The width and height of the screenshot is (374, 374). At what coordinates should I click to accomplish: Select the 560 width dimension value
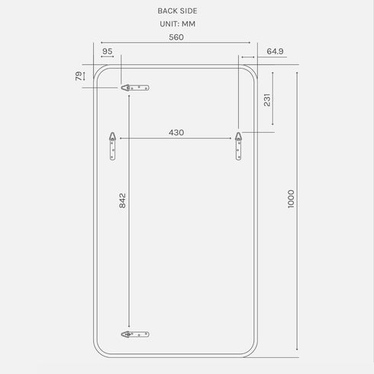tap(176, 36)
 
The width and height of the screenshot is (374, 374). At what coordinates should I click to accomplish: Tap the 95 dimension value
tap(107, 51)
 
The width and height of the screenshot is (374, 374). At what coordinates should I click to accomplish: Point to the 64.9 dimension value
tap(276, 51)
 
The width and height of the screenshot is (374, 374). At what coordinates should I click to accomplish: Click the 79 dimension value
tap(79, 76)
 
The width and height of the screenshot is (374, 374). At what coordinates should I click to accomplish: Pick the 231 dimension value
tap(267, 100)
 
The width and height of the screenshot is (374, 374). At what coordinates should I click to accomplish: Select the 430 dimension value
tap(176, 132)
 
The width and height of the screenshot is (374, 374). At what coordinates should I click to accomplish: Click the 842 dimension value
tap(122, 200)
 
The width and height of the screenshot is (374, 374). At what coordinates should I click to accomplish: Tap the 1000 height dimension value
tap(291, 200)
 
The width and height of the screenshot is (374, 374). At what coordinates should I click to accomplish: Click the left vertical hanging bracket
tap(113, 146)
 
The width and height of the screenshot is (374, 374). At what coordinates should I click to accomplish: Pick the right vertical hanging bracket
tap(238, 146)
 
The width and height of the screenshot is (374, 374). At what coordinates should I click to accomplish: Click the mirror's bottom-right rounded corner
tap(252, 350)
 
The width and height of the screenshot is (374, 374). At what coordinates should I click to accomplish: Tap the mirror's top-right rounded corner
tap(252, 71)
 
